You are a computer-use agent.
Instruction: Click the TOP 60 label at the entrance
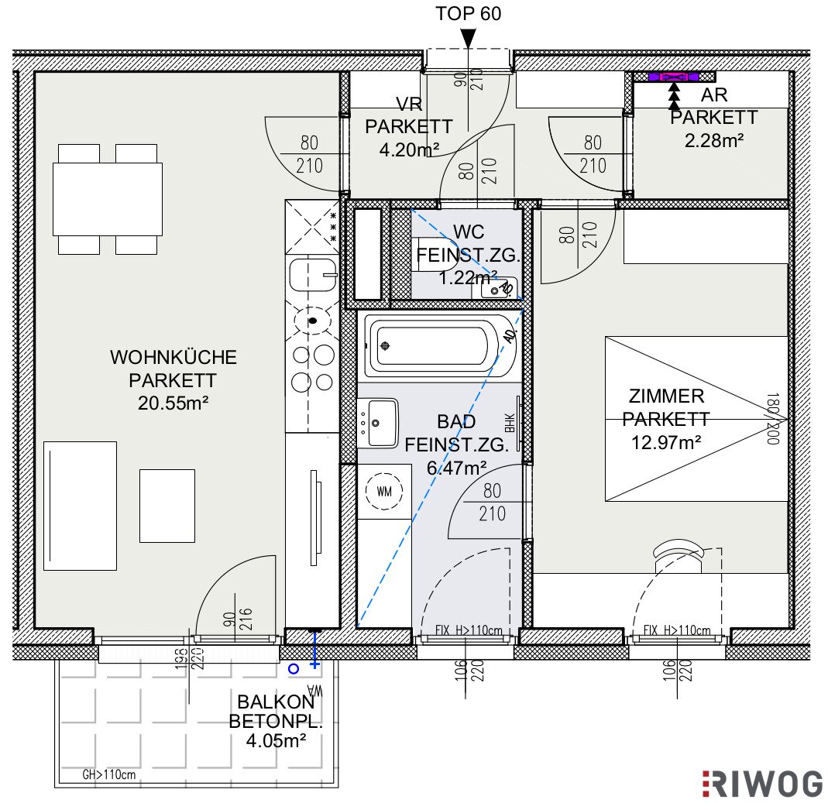(x=468, y=14)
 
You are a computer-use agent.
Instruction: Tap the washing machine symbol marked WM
(x=384, y=491)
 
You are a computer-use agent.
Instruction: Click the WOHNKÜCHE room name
(x=174, y=357)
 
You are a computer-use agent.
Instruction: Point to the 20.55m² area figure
(x=174, y=403)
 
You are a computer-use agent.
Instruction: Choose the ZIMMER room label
(x=666, y=396)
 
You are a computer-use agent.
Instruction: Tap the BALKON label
(x=276, y=702)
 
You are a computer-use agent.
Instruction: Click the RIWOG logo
(x=762, y=784)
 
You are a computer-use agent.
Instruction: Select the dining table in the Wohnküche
(x=107, y=199)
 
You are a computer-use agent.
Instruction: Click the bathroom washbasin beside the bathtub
(x=378, y=423)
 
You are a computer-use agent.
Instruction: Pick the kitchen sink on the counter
(x=313, y=275)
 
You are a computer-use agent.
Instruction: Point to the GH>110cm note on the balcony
(x=108, y=774)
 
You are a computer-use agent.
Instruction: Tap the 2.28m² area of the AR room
(x=714, y=140)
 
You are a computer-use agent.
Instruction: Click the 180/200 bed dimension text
(x=773, y=419)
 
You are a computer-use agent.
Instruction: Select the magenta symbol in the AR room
(x=674, y=77)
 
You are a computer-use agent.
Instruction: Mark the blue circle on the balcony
(x=294, y=669)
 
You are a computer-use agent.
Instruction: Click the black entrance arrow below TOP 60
(x=469, y=39)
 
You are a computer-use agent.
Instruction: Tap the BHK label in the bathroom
(x=510, y=422)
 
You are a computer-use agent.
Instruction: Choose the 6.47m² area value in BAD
(x=457, y=468)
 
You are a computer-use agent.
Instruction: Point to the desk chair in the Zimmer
(x=679, y=556)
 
